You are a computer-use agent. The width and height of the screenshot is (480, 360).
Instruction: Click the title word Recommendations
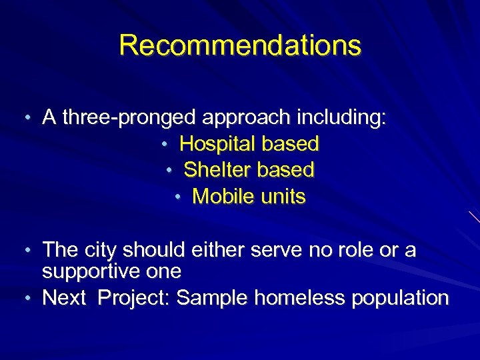pyautogui.click(x=240, y=45)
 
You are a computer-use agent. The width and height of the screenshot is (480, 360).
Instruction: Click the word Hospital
pyautogui.click(x=218, y=143)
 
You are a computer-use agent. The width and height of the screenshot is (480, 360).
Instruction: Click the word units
pyautogui.click(x=283, y=197)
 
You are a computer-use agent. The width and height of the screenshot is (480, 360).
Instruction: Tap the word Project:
pyautogui.click(x=135, y=298)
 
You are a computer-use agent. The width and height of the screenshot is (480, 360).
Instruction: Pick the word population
pyautogui.click(x=399, y=298)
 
